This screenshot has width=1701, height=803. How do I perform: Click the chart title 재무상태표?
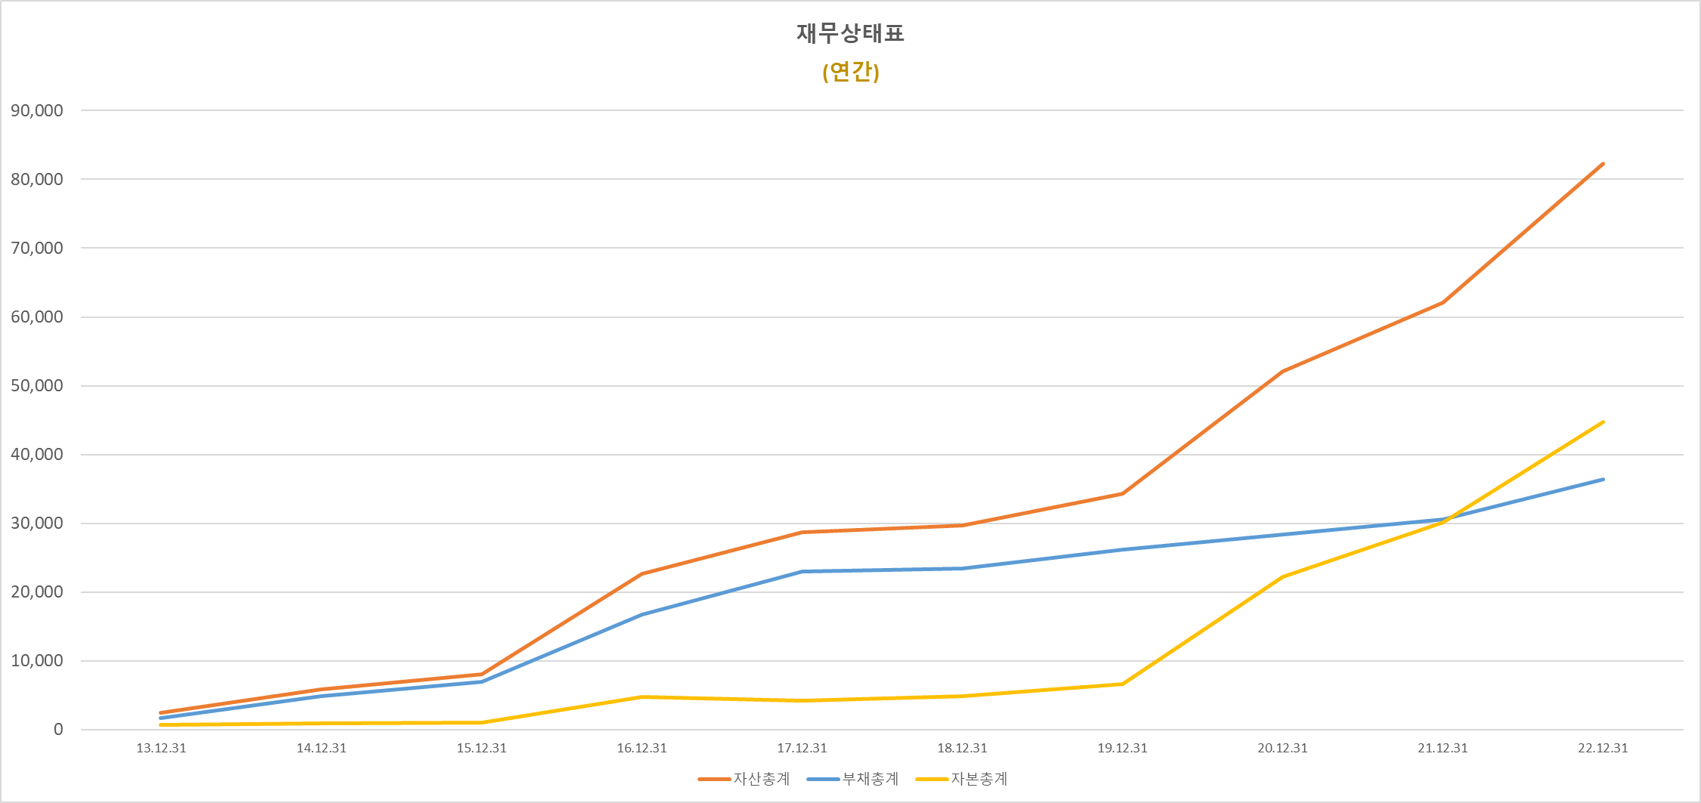pyautogui.click(x=850, y=33)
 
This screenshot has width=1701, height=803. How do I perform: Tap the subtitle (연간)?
pyautogui.click(x=850, y=72)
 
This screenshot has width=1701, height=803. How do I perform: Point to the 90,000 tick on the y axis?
pyautogui.click(x=37, y=110)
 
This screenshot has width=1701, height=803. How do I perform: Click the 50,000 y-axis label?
pyautogui.click(x=37, y=385)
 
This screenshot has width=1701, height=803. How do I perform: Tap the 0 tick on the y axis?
pyautogui.click(x=58, y=730)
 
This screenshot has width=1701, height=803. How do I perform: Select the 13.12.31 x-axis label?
pyautogui.click(x=161, y=748)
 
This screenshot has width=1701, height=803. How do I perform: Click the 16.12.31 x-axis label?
pyautogui.click(x=642, y=748)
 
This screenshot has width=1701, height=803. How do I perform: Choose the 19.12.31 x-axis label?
pyautogui.click(x=1122, y=748)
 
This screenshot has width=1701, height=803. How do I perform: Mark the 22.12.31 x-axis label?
pyautogui.click(x=1603, y=748)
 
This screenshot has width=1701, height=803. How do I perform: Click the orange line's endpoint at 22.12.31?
pyautogui.click(x=1603, y=163)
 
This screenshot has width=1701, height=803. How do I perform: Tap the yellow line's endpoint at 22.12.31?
pyautogui.click(x=1603, y=422)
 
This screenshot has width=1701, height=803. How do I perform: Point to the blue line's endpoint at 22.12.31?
pyautogui.click(x=1603, y=479)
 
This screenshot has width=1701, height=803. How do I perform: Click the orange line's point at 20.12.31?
pyautogui.click(x=1282, y=372)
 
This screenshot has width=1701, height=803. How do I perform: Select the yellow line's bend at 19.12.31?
pyautogui.click(x=1122, y=684)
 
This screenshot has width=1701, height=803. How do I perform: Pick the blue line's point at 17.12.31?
pyautogui.click(x=802, y=571)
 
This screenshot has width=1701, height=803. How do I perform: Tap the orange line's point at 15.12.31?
pyautogui.click(x=481, y=674)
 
